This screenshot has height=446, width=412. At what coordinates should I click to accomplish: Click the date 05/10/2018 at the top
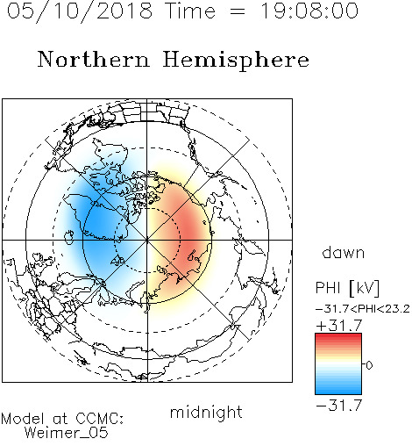pos(80,11)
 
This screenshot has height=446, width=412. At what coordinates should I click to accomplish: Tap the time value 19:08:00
pos(309,11)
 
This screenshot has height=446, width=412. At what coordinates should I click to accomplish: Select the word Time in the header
pos(190,11)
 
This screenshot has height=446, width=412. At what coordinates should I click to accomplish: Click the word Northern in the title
pos(94,59)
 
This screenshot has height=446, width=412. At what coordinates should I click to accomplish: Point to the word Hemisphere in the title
pos(236,61)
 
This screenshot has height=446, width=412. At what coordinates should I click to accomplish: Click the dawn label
pos(344,252)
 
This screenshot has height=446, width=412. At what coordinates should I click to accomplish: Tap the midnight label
pos(206,413)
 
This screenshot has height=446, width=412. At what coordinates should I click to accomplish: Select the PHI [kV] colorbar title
pos(347,288)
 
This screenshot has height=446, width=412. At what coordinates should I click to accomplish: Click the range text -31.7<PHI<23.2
pos(363,309)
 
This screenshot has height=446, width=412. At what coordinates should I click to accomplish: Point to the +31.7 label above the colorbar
pos(339,325)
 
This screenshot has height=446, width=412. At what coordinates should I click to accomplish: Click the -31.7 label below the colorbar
pos(339,406)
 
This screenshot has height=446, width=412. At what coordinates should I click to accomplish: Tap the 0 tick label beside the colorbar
pos(369,365)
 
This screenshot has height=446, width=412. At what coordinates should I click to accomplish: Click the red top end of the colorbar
pos(338,336)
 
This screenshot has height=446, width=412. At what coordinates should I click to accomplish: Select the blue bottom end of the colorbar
pos(338,392)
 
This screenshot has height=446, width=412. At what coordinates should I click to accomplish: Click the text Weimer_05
pos(67,433)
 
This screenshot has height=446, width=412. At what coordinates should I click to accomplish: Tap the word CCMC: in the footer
pos(100,419)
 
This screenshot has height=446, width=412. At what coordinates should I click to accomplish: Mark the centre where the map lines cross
pos(147,240)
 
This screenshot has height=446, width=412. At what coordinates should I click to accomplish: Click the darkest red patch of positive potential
pos(191,231)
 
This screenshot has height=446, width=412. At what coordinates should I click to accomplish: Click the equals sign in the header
pos(238,11)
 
